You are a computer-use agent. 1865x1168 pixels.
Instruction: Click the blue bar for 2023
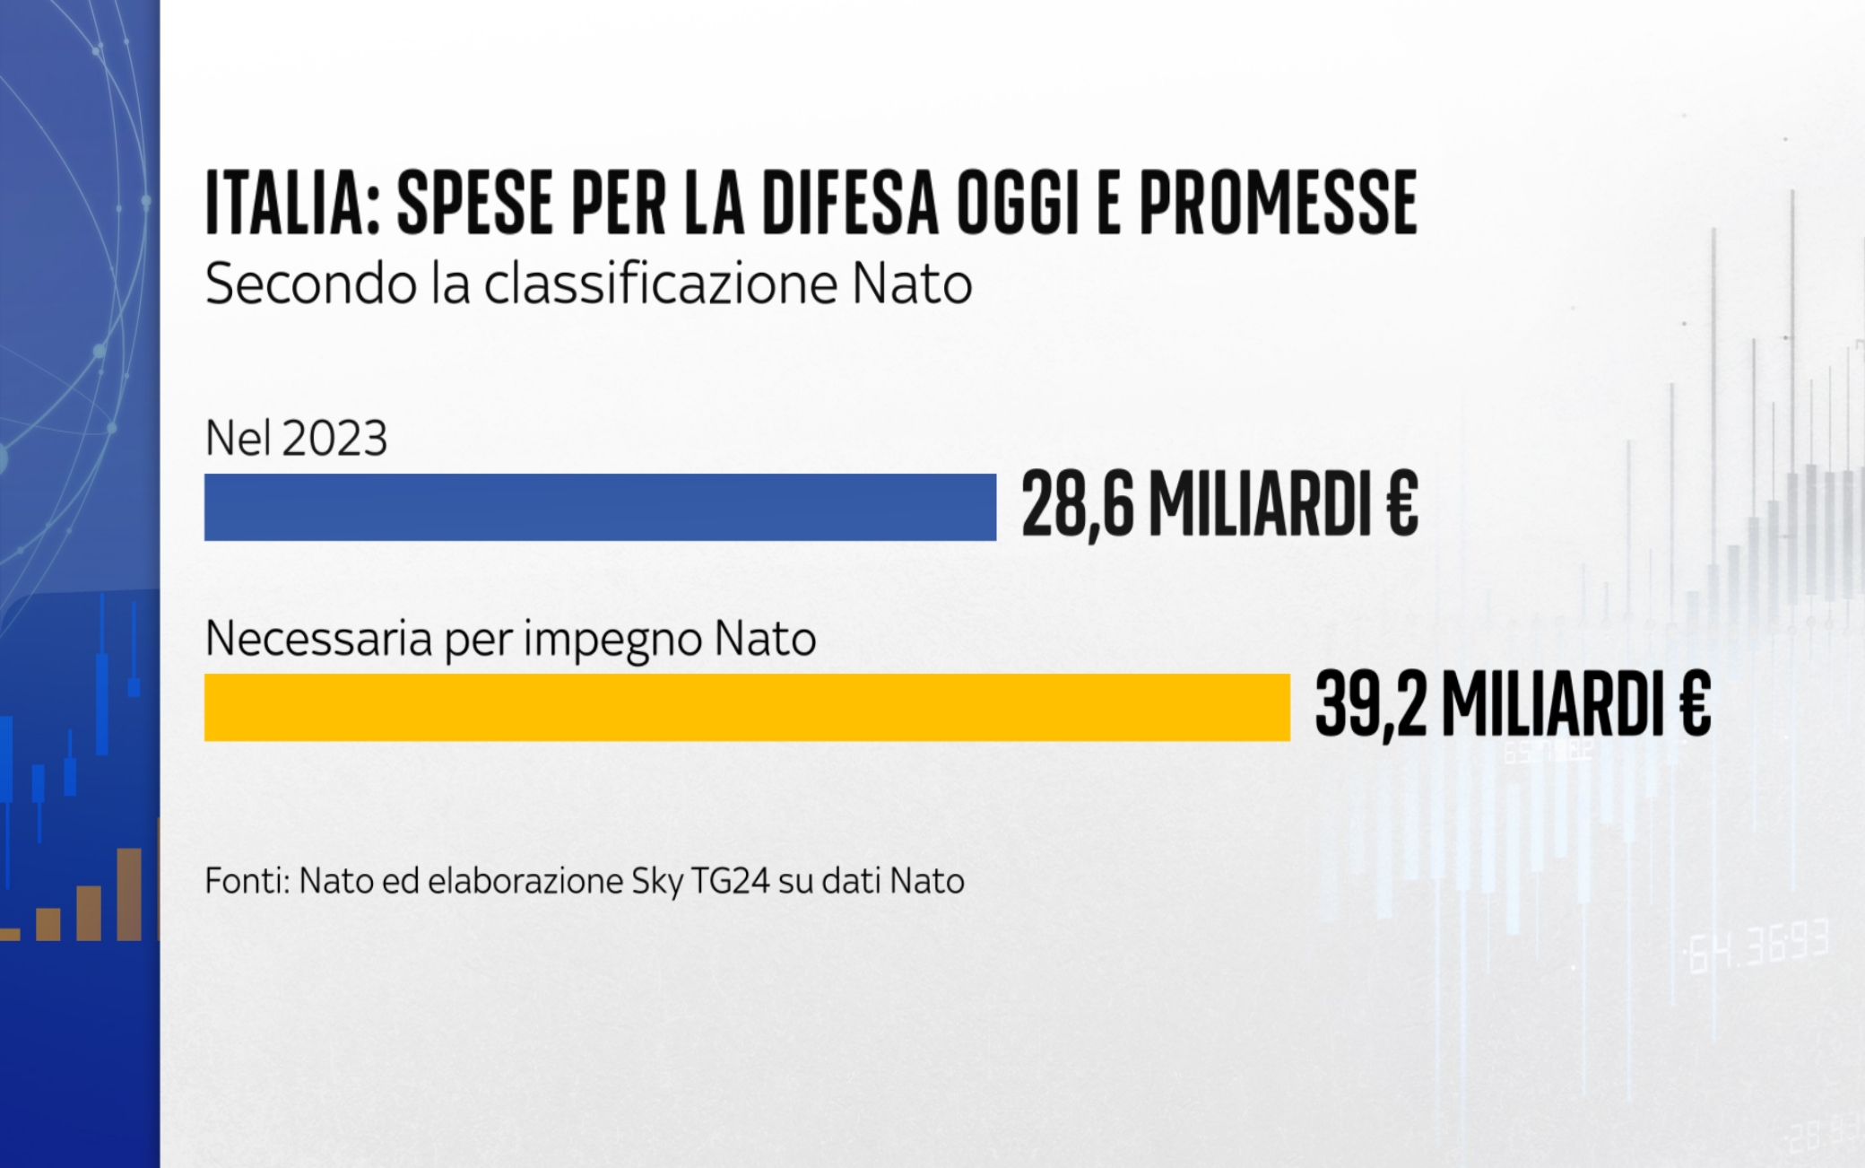pos(600,507)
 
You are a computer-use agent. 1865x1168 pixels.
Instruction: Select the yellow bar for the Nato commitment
pos(747,707)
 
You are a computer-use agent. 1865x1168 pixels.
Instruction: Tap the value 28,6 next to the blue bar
pos(1077,506)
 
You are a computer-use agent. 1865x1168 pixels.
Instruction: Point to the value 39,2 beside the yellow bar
pos(1370,706)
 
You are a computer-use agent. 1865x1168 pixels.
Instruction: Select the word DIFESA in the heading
pos(850,203)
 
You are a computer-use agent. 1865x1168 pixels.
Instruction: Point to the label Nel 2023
pos(296,439)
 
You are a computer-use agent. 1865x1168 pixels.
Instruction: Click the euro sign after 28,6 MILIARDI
pos(1401,506)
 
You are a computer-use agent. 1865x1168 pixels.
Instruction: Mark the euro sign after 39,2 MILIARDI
pos(1695,706)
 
